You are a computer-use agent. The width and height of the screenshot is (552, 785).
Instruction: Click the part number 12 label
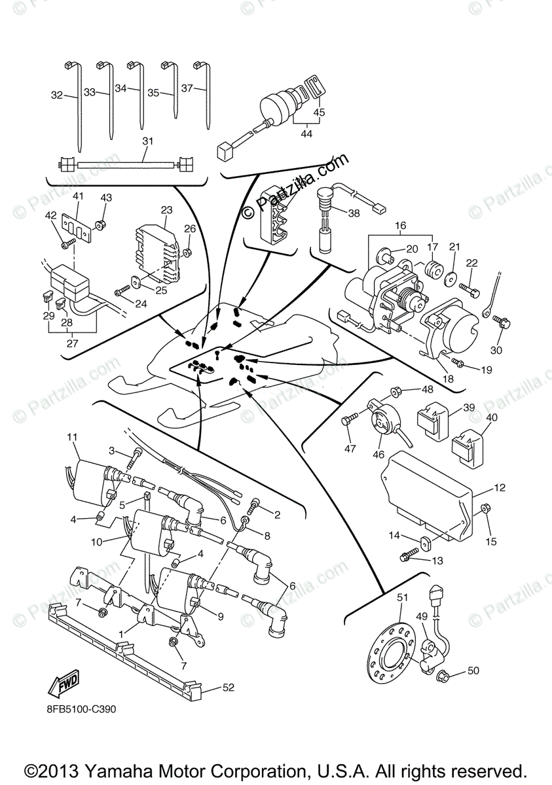pyautogui.click(x=500, y=488)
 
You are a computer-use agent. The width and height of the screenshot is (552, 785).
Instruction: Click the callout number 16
pyautogui.click(x=400, y=226)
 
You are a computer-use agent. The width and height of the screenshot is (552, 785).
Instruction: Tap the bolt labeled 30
pyautogui.click(x=504, y=323)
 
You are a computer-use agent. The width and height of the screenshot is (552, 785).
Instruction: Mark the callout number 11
pyautogui.click(x=72, y=436)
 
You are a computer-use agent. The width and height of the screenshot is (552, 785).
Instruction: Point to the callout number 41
pyautogui.click(x=79, y=196)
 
